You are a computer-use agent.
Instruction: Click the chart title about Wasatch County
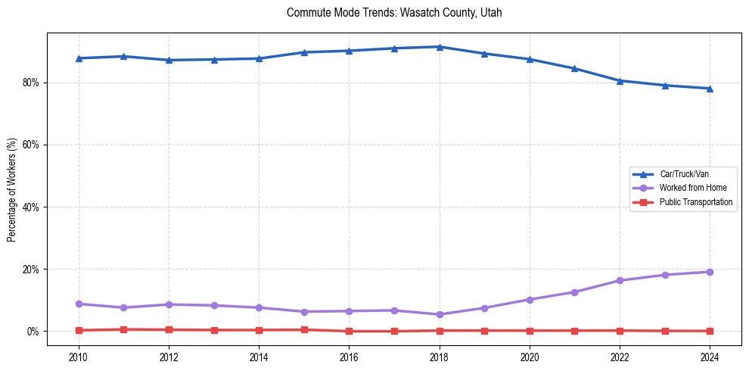click(394, 13)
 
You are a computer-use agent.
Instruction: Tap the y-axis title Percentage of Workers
click(11, 190)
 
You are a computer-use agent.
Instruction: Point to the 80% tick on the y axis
click(31, 83)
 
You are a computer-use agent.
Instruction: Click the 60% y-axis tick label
click(31, 145)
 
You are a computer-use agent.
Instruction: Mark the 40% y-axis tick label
click(31, 207)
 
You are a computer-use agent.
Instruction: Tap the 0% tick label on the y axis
click(33, 332)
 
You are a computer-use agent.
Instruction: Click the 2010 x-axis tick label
click(79, 356)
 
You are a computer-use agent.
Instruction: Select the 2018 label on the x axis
click(440, 356)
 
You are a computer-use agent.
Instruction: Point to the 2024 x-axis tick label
click(710, 356)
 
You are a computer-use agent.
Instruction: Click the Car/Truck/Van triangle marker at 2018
click(440, 47)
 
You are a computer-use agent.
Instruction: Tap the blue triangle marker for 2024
click(710, 89)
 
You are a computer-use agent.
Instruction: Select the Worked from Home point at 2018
click(440, 314)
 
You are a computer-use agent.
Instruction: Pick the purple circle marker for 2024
click(710, 272)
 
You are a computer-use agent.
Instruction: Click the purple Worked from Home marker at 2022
click(620, 280)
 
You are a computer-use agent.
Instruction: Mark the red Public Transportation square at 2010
click(79, 330)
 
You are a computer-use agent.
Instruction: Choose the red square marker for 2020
click(530, 330)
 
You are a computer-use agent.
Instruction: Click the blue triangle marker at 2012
click(169, 60)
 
